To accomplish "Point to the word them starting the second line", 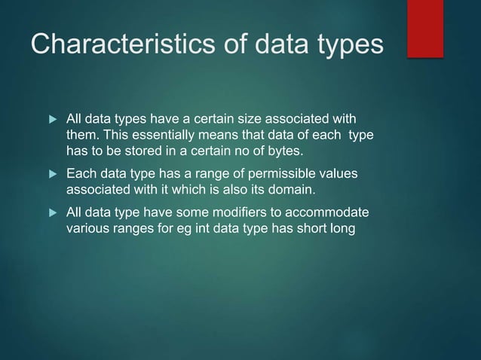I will point(84,134).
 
